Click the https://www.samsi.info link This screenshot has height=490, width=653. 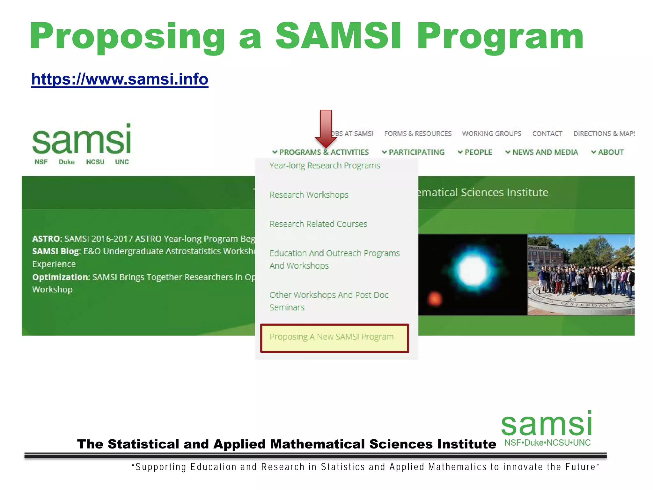pos(120,79)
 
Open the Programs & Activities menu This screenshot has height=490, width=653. pos(321,152)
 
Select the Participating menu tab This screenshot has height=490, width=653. pos(413,152)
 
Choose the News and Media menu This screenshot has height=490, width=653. pos(542,152)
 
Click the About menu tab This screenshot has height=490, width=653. pos(608,152)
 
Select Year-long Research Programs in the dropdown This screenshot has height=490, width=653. pos(325,166)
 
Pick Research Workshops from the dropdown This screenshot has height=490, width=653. pos(309,195)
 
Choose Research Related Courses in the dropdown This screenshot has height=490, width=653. pos(318,224)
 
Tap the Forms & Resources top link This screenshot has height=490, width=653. pos(418,134)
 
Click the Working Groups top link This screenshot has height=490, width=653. pos(491,134)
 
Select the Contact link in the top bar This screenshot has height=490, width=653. pos(547,134)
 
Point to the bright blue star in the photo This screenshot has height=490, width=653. pos(473,270)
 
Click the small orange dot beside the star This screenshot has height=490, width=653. pos(435,299)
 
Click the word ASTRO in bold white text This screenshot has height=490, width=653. pos(47,239)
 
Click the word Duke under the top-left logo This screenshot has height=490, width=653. pos(67,162)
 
